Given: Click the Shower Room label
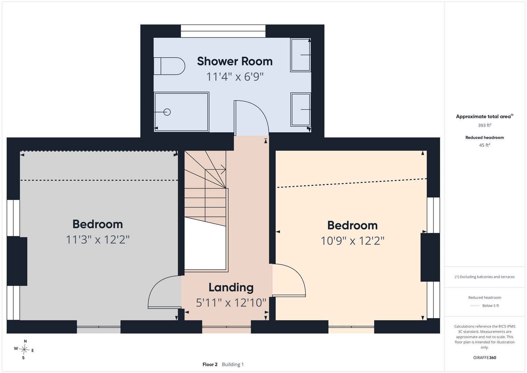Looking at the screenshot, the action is coord(235,61).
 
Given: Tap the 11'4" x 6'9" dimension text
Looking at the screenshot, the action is coord(235,77).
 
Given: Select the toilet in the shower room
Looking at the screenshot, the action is coord(169,66).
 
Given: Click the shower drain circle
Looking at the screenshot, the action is coord(167,112).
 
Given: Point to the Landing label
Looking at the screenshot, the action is coord(231,287).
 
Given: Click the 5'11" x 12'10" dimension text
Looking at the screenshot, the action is coord(231,303).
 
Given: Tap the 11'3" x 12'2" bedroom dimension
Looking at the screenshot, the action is coord(98,240).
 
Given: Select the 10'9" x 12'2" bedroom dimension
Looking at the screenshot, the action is coord(352,241).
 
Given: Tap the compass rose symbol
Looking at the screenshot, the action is coord(24,350).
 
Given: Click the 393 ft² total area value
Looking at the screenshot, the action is coord(485,125).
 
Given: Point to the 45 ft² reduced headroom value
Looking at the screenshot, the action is coord(485,145).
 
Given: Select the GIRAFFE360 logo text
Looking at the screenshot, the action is coord(485,357).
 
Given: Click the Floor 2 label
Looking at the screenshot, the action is coord(210,364).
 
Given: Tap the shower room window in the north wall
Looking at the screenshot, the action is coord(223,31).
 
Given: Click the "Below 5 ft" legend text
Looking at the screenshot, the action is coord(490,305).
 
